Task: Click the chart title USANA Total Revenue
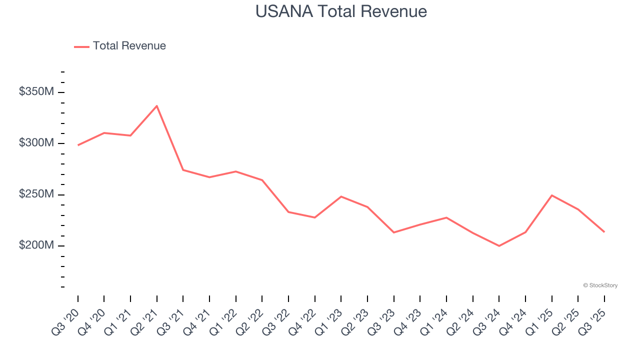tap(341, 11)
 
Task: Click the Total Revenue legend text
tap(129, 46)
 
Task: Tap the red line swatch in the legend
tap(81, 46)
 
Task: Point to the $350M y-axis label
tap(36, 92)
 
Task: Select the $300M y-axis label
tap(36, 143)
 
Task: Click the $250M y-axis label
tap(36, 194)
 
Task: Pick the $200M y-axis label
tap(36, 245)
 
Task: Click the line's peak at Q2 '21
tap(157, 106)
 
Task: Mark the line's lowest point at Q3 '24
tap(499, 246)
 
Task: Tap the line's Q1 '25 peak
tap(551, 195)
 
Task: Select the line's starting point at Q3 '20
tap(78, 145)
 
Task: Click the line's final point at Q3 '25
tap(604, 232)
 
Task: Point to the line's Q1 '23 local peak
tap(341, 196)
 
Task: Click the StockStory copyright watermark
tap(600, 285)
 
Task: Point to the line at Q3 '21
tap(183, 170)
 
